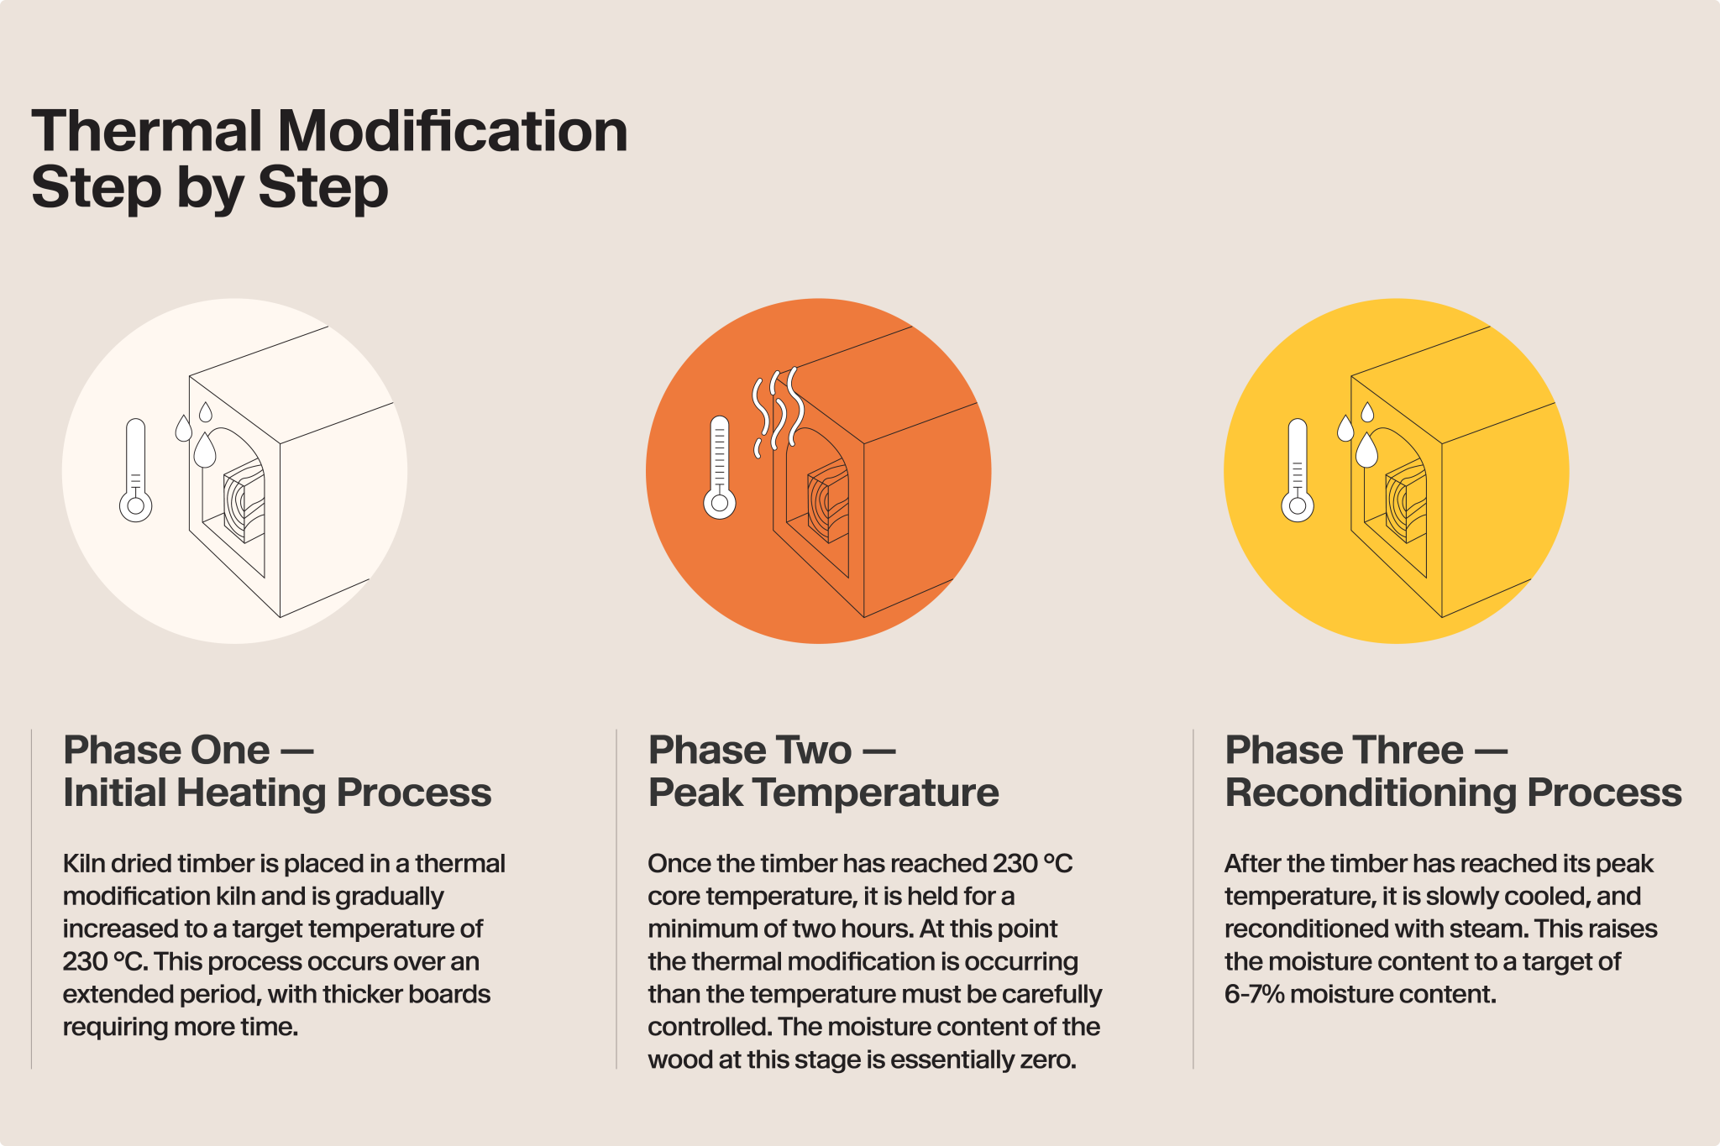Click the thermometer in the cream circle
pyautogui.click(x=135, y=470)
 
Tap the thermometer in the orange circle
pyautogui.click(x=719, y=468)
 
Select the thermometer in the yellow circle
pyautogui.click(x=1298, y=470)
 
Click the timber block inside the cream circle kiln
pyautogui.click(x=244, y=500)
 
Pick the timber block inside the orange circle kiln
pyautogui.click(x=828, y=500)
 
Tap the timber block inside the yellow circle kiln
pyautogui.click(x=1406, y=500)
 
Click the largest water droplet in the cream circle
pyautogui.click(x=205, y=450)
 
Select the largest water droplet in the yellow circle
pyautogui.click(x=1367, y=450)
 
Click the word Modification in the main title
pyautogui.click(x=453, y=132)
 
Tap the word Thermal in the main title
pyautogui.click(x=147, y=132)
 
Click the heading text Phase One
pyautogui.click(x=167, y=750)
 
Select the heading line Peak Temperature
pyautogui.click(x=824, y=793)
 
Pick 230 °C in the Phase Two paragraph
pyautogui.click(x=1033, y=863)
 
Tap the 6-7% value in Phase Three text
pyautogui.click(x=1255, y=994)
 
